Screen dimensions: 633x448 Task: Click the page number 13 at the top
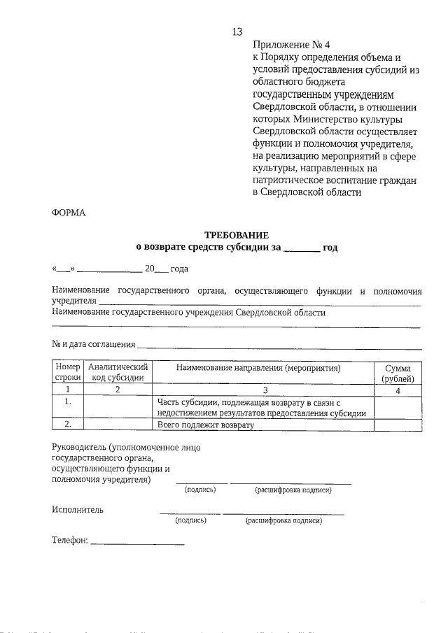237,31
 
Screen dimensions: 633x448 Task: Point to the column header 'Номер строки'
68,372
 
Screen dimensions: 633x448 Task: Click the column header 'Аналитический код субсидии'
118,372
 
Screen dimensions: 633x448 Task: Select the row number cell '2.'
68,424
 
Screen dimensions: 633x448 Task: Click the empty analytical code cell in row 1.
118,407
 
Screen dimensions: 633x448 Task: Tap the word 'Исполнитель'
78,509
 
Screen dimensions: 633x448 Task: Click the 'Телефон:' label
70,541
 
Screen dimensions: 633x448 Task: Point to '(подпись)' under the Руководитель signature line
200,490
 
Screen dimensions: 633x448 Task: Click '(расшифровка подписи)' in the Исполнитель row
283,521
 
